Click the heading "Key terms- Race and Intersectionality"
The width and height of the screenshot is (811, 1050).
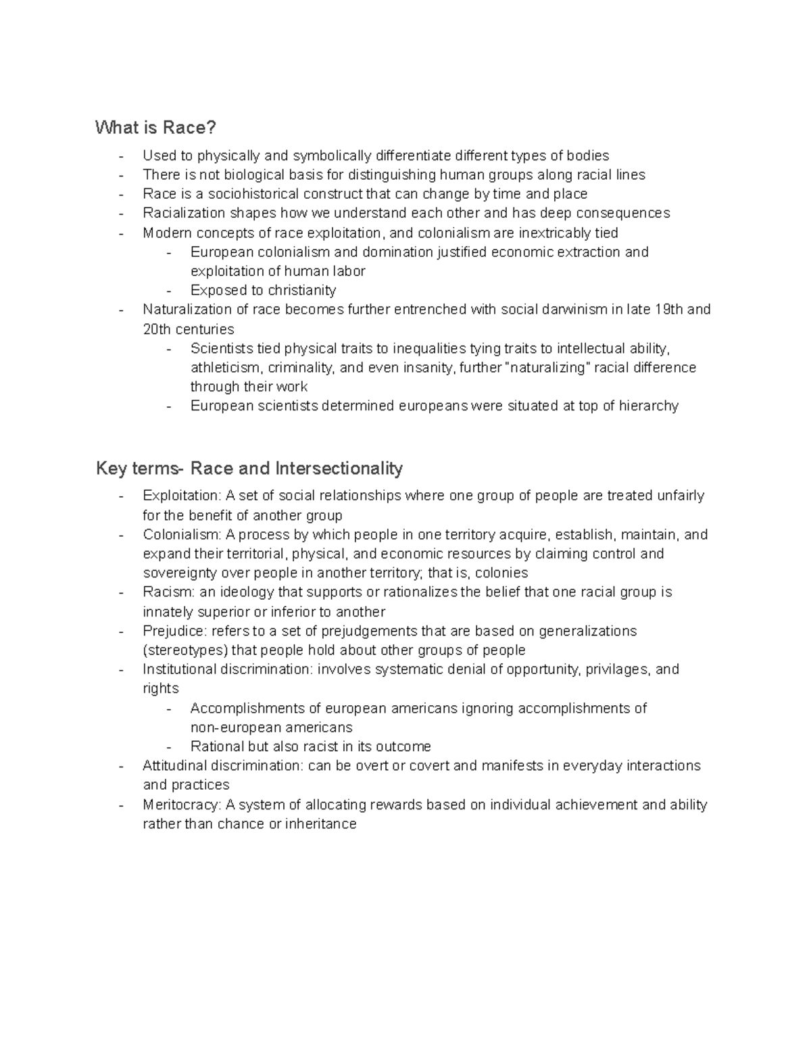249,468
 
